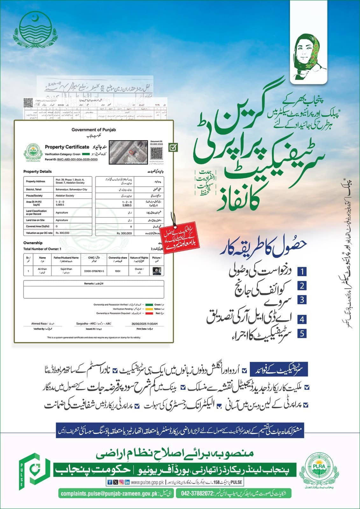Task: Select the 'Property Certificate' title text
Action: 67,147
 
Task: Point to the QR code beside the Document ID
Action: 157,153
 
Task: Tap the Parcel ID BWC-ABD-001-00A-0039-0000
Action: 77,159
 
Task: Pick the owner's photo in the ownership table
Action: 157,271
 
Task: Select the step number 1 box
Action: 302,271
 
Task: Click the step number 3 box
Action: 302,300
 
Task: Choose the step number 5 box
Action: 302,333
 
